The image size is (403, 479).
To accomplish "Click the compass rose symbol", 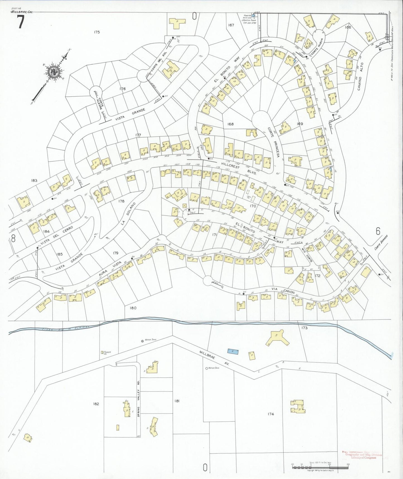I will point(53,72).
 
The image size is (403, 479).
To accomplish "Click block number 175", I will point(96,32).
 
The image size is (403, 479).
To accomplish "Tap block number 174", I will point(271,414).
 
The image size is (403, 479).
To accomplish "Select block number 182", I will point(96,404).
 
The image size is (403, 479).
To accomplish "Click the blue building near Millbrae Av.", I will point(233,352).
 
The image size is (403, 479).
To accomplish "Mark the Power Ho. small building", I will point(102,352).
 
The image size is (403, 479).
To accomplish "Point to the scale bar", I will point(320,467).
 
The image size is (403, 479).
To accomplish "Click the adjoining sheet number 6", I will point(378,231).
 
